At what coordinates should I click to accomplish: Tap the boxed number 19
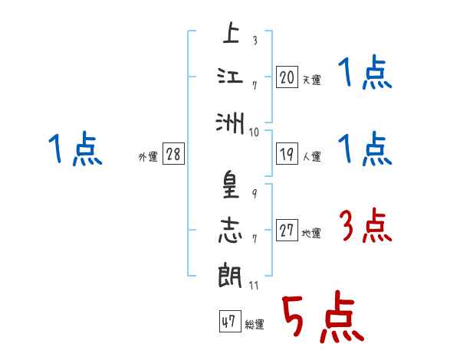[x=287, y=154]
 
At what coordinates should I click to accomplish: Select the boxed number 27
[x=287, y=231]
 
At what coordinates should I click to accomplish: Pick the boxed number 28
[x=173, y=154]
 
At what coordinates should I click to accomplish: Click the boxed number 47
[x=228, y=322]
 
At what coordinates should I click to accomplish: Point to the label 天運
[x=311, y=79]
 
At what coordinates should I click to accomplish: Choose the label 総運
[x=254, y=325]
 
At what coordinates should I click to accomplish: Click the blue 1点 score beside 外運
[x=74, y=149]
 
